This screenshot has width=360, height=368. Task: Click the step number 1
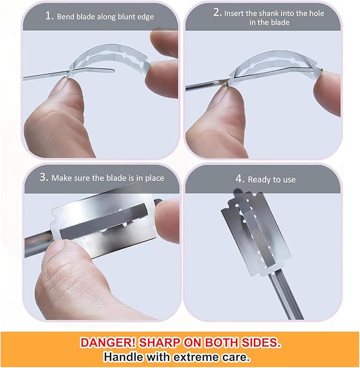pos(49,16)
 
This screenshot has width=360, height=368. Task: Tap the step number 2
pos(217,12)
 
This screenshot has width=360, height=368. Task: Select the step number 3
pos(44,177)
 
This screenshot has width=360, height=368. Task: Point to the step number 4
pos(240,179)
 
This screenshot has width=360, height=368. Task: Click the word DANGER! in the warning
pos(108,343)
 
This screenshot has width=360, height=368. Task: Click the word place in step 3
pos(154,178)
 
